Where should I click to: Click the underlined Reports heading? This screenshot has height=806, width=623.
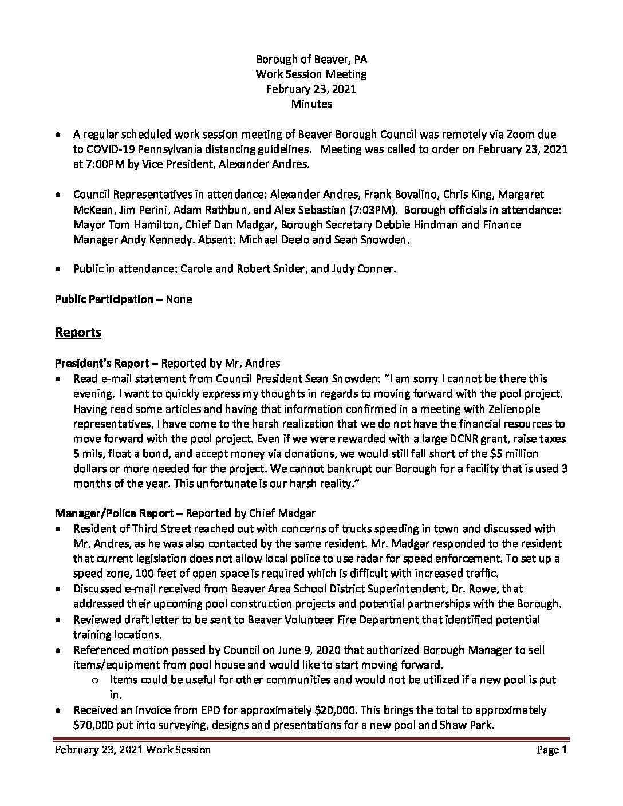[78, 333]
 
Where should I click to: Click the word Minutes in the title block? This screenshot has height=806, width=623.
[311, 104]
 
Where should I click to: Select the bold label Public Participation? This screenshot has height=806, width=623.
[104, 299]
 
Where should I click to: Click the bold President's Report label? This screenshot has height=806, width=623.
[106, 363]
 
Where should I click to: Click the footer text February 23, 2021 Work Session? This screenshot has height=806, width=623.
[133, 750]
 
